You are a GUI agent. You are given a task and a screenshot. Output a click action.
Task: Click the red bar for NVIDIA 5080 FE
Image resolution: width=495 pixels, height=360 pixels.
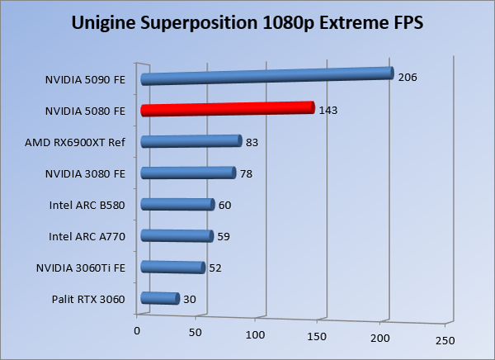228,109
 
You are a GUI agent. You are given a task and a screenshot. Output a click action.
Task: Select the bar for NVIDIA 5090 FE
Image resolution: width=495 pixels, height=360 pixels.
266,76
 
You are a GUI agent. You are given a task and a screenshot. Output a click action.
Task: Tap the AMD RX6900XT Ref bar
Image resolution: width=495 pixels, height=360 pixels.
191,141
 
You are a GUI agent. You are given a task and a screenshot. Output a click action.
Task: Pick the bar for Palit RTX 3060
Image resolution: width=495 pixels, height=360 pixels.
160,299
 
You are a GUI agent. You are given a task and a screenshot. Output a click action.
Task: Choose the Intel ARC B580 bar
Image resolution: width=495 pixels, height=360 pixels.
177,205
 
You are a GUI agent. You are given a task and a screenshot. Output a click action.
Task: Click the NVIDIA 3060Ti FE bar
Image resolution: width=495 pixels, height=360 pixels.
172,268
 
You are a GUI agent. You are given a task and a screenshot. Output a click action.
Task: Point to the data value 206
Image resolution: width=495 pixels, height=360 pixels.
408,78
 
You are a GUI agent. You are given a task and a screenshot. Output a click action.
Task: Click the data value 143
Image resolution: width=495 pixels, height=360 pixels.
328,110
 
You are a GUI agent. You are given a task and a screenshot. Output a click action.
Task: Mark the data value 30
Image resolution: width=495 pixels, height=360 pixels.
189,299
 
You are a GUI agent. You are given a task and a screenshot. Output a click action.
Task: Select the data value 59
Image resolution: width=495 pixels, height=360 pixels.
224,237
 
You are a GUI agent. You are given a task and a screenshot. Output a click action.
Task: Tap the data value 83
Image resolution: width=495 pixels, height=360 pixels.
252,142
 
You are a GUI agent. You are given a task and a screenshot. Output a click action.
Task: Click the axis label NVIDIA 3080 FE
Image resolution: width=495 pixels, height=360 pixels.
85,174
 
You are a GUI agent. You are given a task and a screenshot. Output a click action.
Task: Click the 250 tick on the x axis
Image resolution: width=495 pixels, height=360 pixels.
445,340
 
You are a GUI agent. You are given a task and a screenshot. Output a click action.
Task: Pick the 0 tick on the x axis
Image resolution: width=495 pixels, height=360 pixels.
137,330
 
